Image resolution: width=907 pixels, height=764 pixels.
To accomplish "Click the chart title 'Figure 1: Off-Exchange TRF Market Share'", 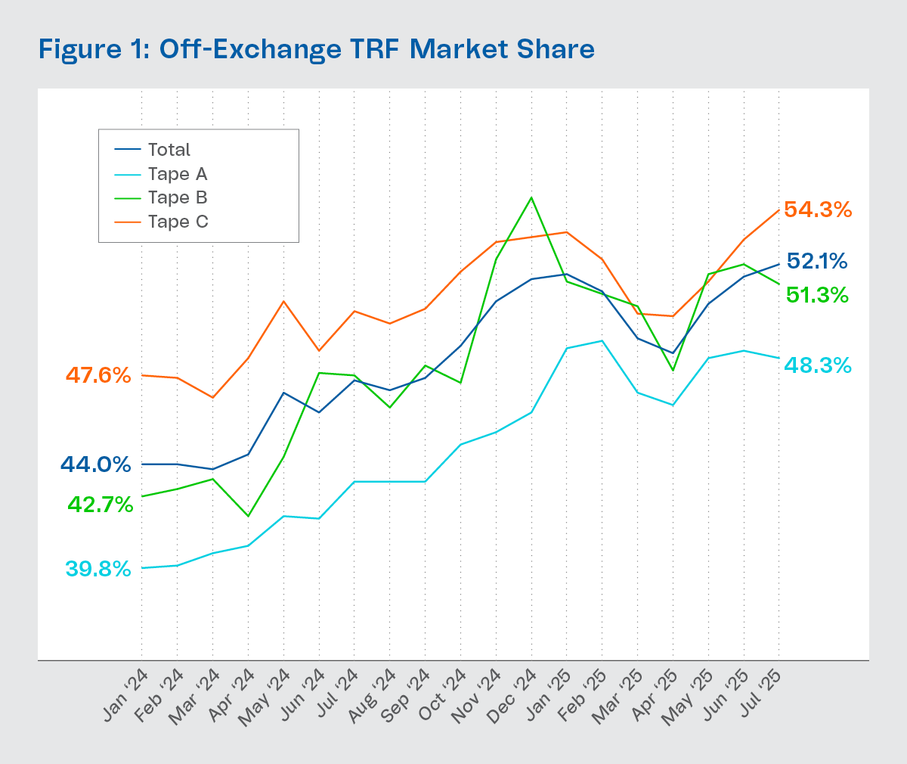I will pos(316,50).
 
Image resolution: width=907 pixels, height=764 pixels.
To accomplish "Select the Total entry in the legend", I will pos(169,150).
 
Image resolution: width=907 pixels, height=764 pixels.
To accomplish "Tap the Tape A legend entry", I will pos(177,174).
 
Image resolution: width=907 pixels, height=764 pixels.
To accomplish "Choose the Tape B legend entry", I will pos(177,198).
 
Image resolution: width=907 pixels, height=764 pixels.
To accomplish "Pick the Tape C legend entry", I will pos(178,222).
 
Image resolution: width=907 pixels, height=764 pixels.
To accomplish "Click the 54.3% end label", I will pos(818,210).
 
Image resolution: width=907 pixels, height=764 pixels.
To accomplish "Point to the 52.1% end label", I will pos(817,262).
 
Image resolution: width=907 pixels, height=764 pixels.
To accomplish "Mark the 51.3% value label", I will pos(817,295).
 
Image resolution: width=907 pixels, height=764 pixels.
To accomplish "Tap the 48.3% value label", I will pos(818,365).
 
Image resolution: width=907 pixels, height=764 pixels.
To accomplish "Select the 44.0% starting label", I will pos(96,464).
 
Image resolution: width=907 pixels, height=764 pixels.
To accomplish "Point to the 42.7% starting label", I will pos(101,505).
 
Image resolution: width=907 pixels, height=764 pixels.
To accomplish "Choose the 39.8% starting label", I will pos(98,569).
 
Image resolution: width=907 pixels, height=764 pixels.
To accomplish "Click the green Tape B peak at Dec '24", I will pos(531,197).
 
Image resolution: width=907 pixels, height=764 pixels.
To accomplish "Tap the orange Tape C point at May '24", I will pos(283,301).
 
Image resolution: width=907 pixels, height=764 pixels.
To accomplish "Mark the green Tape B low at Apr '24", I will pos(248,517).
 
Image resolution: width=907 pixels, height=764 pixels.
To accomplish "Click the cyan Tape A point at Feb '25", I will pos(602,340).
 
